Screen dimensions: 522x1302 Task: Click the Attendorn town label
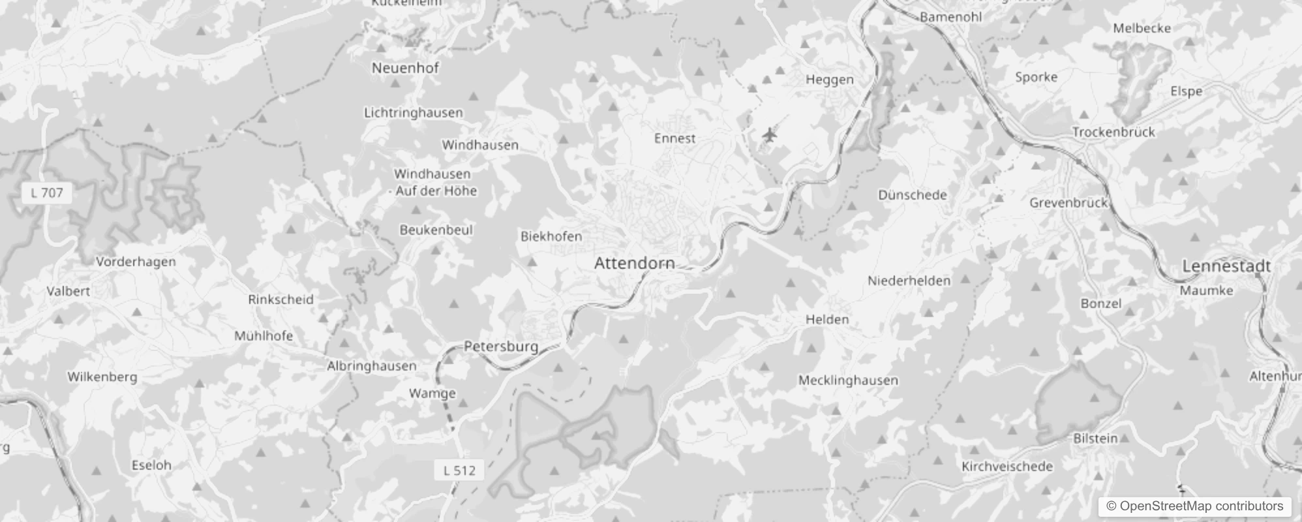pos(634,263)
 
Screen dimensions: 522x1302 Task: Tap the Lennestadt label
pos(1226,266)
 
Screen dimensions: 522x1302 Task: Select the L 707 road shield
pos(47,193)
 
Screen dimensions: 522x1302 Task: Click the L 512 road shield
pos(459,470)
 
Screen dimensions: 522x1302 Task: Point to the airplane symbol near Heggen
pos(770,136)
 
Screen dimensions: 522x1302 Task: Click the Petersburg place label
pos(501,346)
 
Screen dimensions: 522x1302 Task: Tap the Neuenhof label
pos(405,68)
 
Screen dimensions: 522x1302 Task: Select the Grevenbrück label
pos(1068,203)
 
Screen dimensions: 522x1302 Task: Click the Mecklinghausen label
pos(848,380)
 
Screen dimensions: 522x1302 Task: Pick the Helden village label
pos(827,320)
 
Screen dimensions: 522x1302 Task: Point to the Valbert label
pos(68,292)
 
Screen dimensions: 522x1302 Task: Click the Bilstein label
pos(1095,438)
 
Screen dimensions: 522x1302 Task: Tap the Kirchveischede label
pos(1007,467)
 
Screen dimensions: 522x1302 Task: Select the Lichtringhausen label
pos(413,113)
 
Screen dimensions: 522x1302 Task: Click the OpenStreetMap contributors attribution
pos(1194,506)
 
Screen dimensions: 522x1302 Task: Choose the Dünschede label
pos(912,195)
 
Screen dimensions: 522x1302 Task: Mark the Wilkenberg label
pos(102,377)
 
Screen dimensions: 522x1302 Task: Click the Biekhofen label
pos(551,236)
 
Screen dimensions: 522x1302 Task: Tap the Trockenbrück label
pos(1113,132)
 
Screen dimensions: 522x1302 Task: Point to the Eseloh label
pos(151,465)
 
